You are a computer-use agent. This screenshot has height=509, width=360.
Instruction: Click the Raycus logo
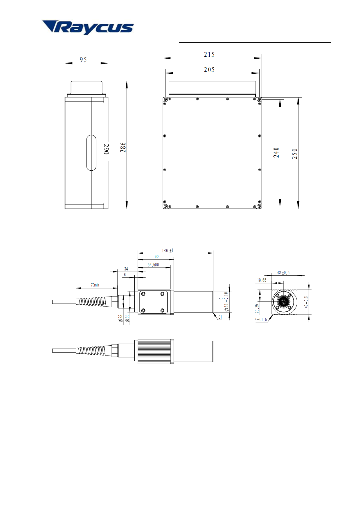pos(88,28)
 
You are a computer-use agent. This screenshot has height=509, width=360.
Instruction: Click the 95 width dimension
pos(83,59)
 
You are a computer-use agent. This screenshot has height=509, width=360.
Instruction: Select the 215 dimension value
pos(209,55)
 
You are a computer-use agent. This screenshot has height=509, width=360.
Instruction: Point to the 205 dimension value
pos(209,70)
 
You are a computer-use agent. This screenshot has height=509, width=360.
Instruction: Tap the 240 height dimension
pos(276,153)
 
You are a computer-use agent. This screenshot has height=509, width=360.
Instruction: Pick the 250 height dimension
pos(295,154)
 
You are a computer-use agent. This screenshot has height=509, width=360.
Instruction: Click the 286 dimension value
pos(123,147)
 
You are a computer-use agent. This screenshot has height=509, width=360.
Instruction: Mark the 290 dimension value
pos(107,149)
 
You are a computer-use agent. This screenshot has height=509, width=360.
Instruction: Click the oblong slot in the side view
pos(91,153)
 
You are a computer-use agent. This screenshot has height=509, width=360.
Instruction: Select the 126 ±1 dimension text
pos(168,250)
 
